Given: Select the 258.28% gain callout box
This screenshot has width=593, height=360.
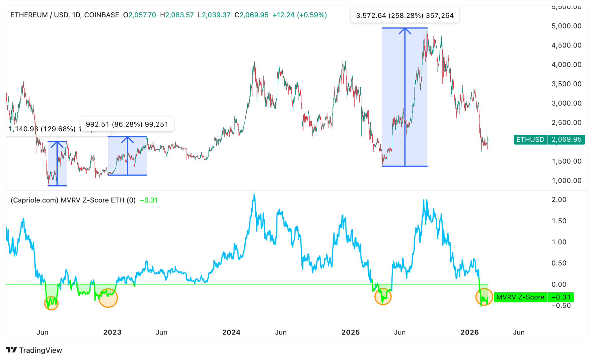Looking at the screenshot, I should click(405, 16).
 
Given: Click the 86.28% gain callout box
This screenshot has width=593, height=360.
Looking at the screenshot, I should click(127, 124).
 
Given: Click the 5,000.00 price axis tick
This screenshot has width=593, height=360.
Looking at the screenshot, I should click(566, 26).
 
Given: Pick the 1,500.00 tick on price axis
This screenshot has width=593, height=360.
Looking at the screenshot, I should click(566, 161).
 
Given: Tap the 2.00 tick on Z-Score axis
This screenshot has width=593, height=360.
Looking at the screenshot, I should click(559, 200).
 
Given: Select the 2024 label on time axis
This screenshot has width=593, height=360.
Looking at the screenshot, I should click(231, 332).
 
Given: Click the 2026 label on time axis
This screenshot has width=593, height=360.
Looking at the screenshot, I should click(469, 332).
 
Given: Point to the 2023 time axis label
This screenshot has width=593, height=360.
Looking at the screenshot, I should click(112, 332).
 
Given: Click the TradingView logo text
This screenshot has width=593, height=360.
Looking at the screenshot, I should click(41, 350).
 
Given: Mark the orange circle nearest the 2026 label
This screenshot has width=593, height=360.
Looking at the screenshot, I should click(484, 297).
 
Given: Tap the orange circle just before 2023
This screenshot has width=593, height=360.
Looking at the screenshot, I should click(108, 298).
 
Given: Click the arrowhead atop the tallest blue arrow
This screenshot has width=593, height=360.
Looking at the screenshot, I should click(405, 30).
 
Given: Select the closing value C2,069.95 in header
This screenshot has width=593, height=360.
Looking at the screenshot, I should click(251, 15).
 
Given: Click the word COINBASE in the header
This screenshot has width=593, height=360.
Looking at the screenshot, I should click(102, 15).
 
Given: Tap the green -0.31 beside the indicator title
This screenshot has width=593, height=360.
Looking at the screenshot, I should click(149, 200).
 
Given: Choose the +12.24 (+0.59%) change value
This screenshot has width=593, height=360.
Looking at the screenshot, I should click(299, 15).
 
